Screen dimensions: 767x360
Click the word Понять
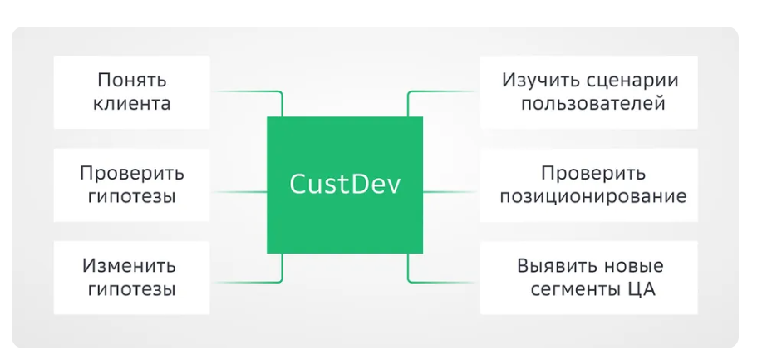point(131,80)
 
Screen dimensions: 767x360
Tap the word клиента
point(131,104)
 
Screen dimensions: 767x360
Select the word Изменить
point(129,265)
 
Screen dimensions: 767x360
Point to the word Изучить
point(535,80)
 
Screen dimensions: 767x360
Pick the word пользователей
point(592,104)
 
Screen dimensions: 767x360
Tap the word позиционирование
point(592,197)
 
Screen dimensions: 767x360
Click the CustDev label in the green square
point(345,185)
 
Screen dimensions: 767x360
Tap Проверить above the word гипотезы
point(132,174)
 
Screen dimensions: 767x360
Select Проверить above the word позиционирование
point(593,174)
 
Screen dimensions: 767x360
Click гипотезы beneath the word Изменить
point(131,289)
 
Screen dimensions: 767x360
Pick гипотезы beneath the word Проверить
point(131,197)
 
